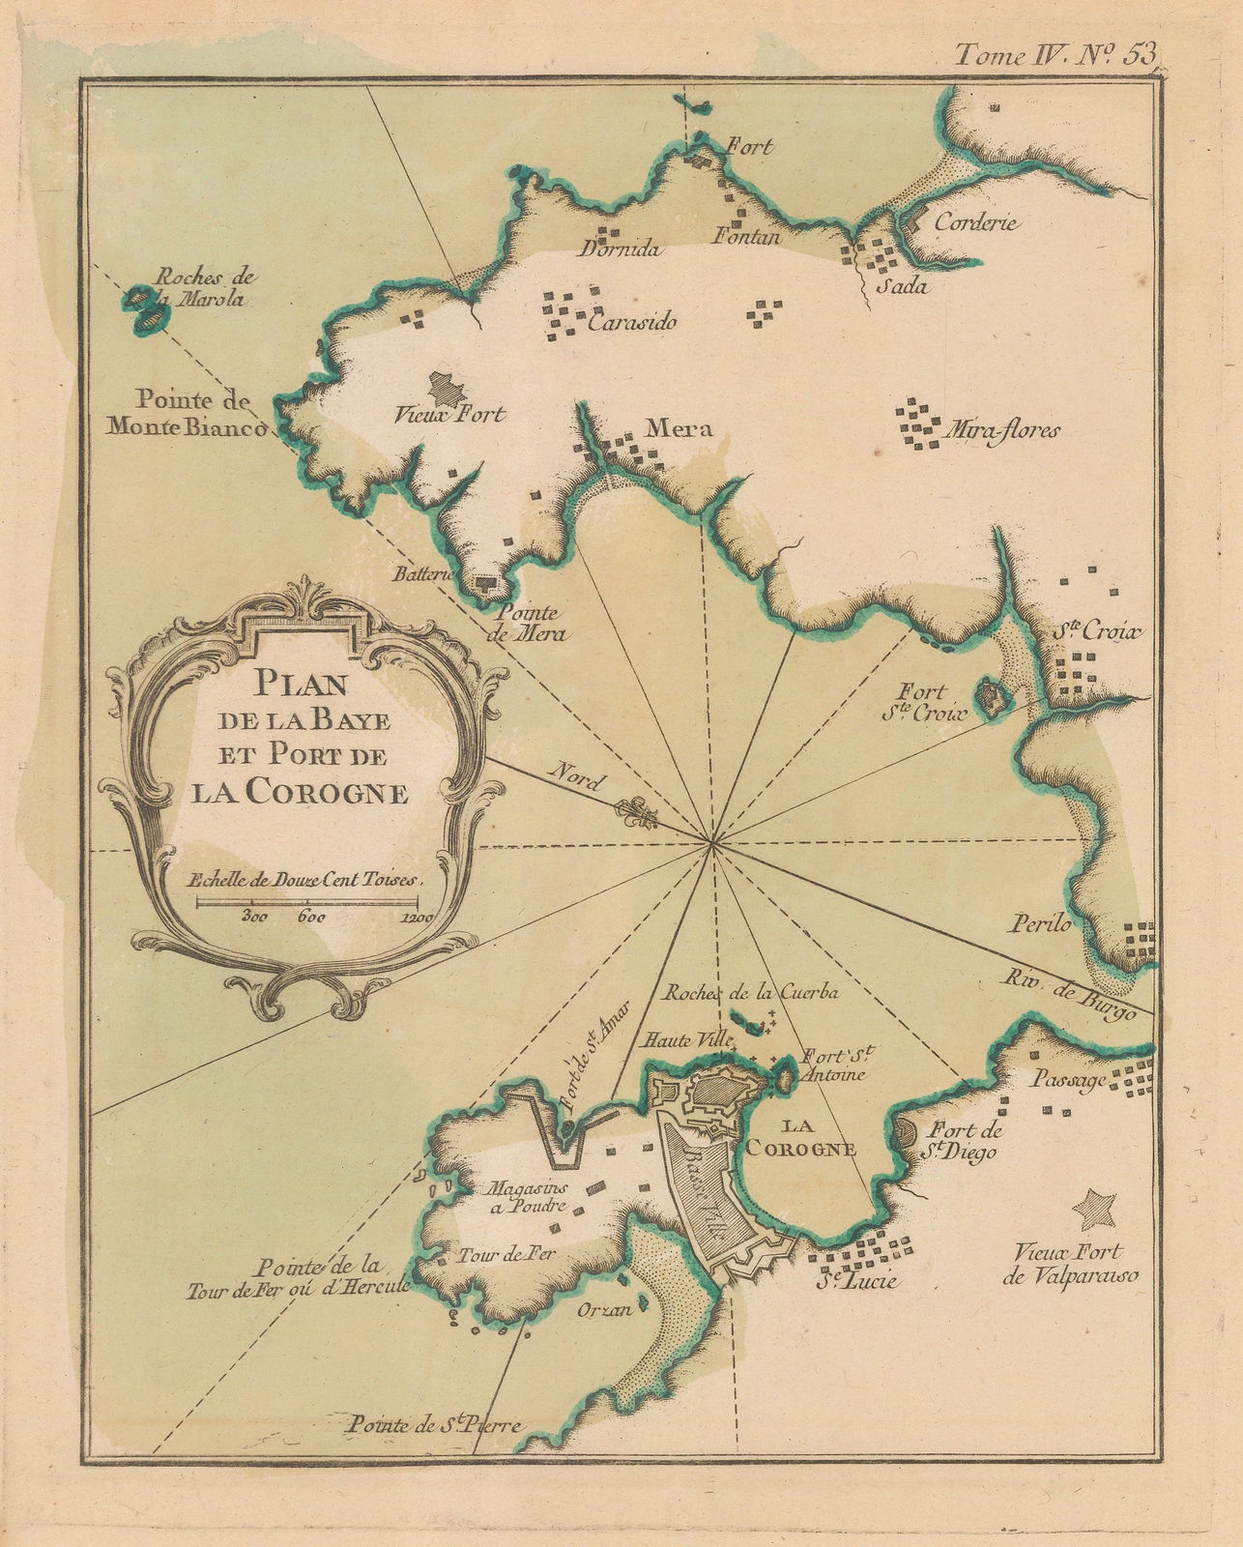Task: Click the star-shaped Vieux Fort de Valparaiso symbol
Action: tap(1096, 1208)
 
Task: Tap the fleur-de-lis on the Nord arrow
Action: tap(639, 815)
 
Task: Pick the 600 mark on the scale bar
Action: tap(311, 918)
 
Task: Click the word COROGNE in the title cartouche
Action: tap(327, 794)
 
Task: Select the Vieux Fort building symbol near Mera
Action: tap(446, 389)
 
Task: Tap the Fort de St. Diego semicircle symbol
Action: tap(908, 1133)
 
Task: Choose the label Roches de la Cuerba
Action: tap(751, 992)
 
